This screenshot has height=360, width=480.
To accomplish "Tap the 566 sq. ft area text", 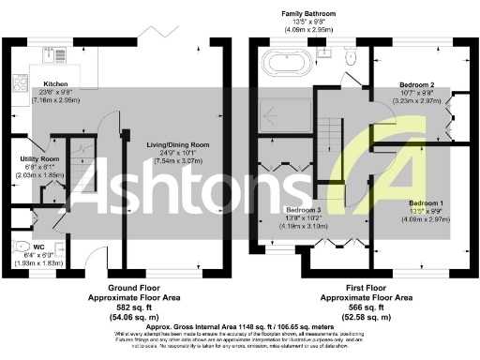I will pyautogui.click(x=367, y=305).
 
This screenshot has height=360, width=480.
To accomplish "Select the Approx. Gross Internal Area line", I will pyautogui.click(x=240, y=325).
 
